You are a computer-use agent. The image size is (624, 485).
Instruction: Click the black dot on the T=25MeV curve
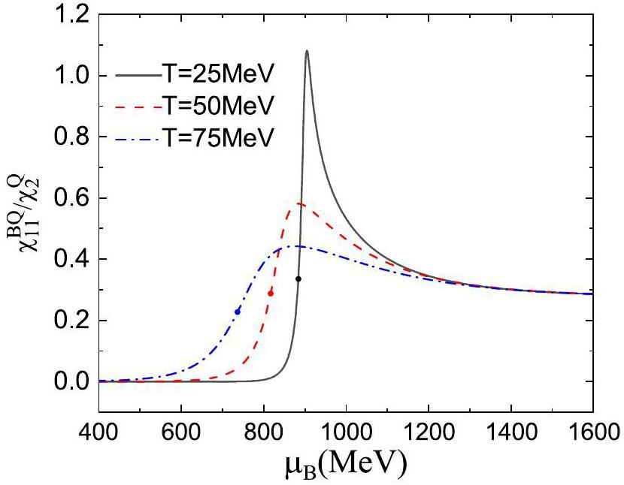coord(298,279)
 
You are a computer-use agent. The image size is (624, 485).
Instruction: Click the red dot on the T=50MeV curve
coord(271,293)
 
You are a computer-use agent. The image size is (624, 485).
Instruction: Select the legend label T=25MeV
coord(219,75)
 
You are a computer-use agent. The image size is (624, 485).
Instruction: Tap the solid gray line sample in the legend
coord(139,75)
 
